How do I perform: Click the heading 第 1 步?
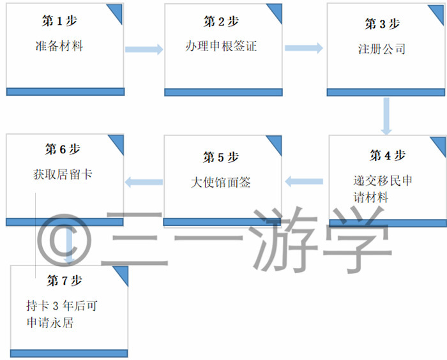tap(59, 21)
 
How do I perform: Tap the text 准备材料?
tap(59, 46)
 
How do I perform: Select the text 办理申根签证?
tap(221, 46)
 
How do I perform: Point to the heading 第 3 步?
tap(382, 24)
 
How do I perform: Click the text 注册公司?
tap(382, 49)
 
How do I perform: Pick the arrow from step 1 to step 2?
tap(144, 49)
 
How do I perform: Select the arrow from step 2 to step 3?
tap(304, 48)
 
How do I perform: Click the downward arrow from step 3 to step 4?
tap(386, 116)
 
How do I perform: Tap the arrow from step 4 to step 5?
tap(304, 181)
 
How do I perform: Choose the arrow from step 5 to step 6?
tap(144, 182)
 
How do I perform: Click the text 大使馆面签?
tap(221, 182)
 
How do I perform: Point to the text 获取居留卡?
tap(63, 174)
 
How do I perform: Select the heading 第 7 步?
tap(64, 280)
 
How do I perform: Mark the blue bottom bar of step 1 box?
tap(65, 92)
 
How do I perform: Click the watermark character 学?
tap(358, 239)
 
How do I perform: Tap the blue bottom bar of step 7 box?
tap(69, 354)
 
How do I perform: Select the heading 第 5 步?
tap(221, 157)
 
